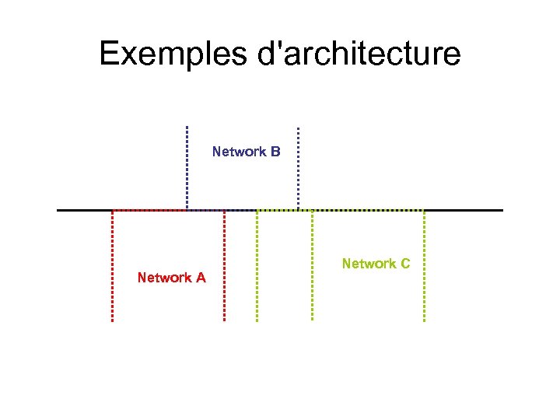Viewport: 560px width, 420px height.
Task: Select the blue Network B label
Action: click(x=246, y=152)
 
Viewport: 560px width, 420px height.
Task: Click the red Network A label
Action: click(x=171, y=278)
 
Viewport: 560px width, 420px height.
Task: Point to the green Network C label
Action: click(x=376, y=264)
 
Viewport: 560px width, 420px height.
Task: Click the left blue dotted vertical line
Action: click(x=187, y=167)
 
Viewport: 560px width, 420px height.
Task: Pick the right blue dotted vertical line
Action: click(x=299, y=167)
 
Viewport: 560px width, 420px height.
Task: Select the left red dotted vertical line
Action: click(x=112, y=264)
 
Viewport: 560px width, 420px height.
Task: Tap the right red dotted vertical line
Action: click(x=224, y=264)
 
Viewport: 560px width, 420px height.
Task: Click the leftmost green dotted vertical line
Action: click(x=257, y=264)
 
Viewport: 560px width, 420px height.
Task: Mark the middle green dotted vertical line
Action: click(x=313, y=264)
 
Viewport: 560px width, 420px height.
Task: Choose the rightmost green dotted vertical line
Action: click(x=425, y=264)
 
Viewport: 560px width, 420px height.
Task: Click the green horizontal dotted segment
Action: click(x=366, y=210)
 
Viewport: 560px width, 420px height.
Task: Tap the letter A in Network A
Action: click(x=201, y=278)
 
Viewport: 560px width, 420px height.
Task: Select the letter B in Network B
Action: click(x=275, y=152)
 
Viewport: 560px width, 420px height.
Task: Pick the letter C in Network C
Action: click(x=404, y=264)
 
